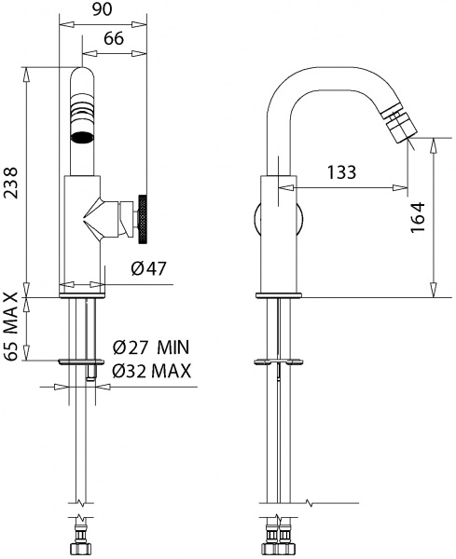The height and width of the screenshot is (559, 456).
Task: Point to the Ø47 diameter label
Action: click(149, 269)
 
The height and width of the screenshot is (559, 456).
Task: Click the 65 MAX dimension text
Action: click(11, 327)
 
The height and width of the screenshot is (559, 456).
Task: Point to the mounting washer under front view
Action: click(83, 361)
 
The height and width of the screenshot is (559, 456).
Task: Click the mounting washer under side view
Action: click(277, 360)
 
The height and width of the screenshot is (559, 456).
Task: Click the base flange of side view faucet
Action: click(277, 295)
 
